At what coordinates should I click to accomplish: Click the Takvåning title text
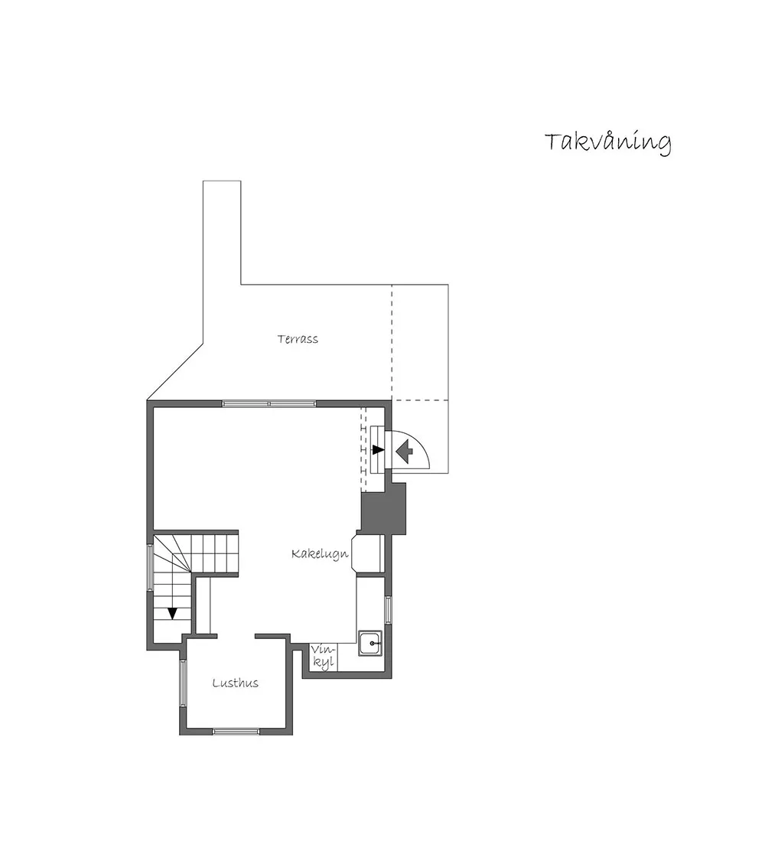[607, 143]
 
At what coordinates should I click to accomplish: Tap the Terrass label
[298, 339]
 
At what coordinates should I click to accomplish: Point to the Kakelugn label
[320, 553]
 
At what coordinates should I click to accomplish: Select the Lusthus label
[236, 683]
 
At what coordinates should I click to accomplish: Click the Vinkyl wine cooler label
[323, 657]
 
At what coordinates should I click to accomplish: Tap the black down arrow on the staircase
[172, 613]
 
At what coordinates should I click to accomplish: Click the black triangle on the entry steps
[378, 450]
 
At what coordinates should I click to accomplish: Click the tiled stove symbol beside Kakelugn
[368, 553]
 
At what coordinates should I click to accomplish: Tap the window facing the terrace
[269, 404]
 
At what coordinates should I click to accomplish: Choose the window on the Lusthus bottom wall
[236, 731]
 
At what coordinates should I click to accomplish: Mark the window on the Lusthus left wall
[183, 684]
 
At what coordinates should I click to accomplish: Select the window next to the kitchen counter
[388, 609]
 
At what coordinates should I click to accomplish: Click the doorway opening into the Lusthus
[236, 637]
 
